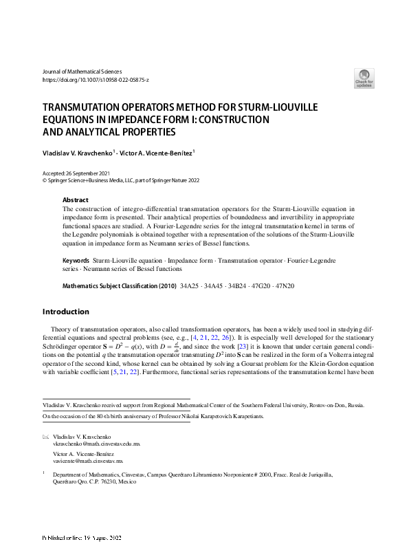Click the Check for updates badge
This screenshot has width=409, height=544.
[x=364, y=77]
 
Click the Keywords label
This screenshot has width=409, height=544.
[x=76, y=262]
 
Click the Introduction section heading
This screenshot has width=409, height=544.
[x=66, y=312]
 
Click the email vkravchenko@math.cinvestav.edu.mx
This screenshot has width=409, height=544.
[x=96, y=445]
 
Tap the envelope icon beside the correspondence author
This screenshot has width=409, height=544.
[x=45, y=437]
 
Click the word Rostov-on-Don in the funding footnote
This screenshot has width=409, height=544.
[x=325, y=406]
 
